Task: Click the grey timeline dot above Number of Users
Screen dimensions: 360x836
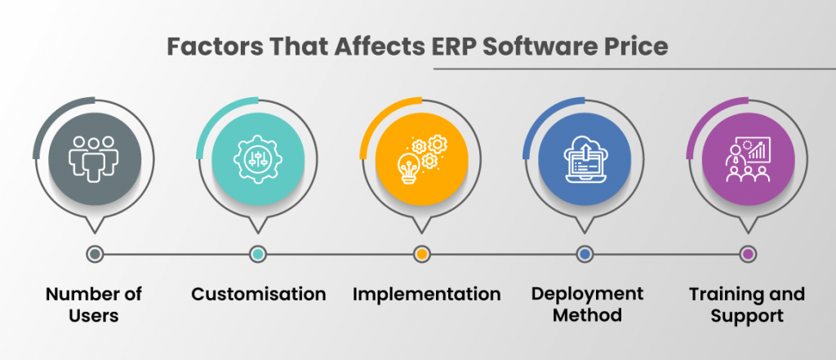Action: tap(95, 254)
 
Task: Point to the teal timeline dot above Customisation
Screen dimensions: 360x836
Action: tap(258, 254)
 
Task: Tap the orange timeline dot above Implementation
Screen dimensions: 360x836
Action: tap(421, 254)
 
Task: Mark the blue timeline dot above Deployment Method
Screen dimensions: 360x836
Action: tap(585, 254)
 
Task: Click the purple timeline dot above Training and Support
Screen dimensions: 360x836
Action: tap(748, 254)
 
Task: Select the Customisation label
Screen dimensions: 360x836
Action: tap(258, 294)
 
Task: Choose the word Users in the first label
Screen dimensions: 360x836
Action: tap(94, 314)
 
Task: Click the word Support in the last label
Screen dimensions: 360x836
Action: tap(747, 314)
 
